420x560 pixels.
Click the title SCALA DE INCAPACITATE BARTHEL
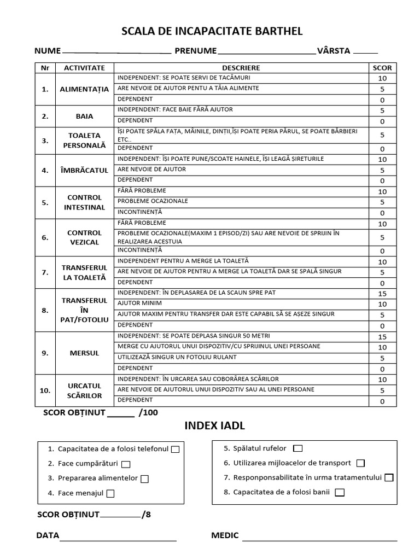(212, 31)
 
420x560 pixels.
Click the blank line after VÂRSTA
(365, 52)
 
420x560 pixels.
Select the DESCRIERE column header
(241, 68)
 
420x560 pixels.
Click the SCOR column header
(382, 68)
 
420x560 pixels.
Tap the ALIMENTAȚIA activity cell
(84, 89)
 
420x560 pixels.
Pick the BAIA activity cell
(84, 116)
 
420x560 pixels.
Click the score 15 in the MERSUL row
(382, 337)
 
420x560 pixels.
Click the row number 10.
(45, 390)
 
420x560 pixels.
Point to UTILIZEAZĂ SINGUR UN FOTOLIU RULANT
(177, 357)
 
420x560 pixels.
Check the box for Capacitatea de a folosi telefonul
(175, 450)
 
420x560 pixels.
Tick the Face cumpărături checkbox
(126, 464)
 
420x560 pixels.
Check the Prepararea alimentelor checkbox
(144, 479)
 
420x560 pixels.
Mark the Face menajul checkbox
(110, 494)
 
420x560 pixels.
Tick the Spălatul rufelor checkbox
(297, 448)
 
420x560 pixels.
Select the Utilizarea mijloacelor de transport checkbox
(360, 463)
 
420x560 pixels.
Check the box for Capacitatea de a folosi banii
(340, 493)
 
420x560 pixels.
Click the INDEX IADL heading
(212, 426)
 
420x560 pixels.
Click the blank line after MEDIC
(319, 537)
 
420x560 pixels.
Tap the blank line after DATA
(118, 537)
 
